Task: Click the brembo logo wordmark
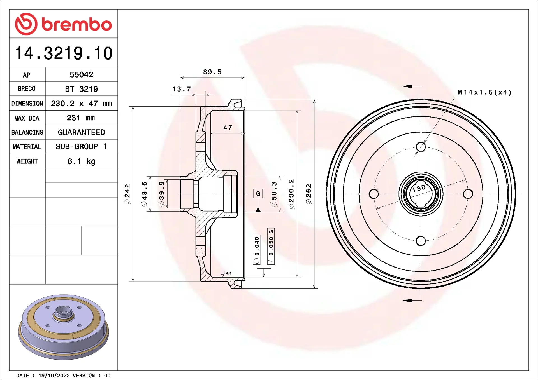(x=77, y=24)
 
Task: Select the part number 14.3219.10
(x=64, y=53)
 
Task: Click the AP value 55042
(x=82, y=75)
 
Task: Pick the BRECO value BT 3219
(x=82, y=89)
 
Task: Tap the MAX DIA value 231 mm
(x=81, y=118)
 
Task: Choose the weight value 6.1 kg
(x=82, y=161)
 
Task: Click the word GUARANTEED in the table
(x=82, y=132)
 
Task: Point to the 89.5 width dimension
(x=212, y=72)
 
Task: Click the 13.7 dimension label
(x=182, y=89)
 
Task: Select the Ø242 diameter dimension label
(x=127, y=194)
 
